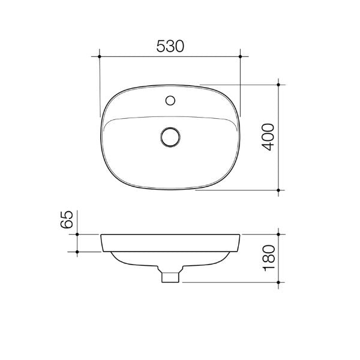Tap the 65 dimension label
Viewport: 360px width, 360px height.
tap(67, 219)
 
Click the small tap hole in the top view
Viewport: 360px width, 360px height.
tap(170, 100)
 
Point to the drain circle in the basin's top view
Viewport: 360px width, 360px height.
tap(170, 136)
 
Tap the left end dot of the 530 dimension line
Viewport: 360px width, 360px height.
tap(100, 56)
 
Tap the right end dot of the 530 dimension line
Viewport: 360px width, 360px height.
tap(240, 56)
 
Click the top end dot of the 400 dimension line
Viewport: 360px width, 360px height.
tap(279, 85)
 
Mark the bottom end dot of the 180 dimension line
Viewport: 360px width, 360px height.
tap(279, 281)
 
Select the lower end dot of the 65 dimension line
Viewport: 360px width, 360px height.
tap(78, 251)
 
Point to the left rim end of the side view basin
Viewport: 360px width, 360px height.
tap(101, 235)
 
